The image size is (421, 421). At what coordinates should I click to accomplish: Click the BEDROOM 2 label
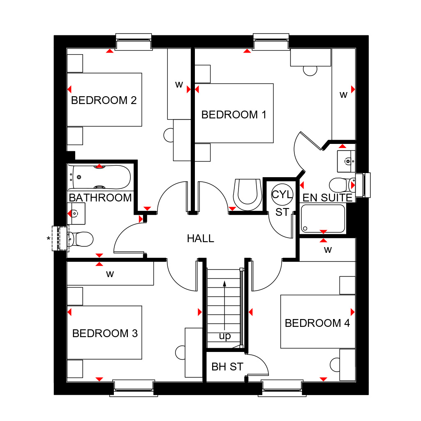point(104,100)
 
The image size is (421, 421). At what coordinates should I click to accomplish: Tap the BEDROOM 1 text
point(234,115)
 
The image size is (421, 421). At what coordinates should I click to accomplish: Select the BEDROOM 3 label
point(105,333)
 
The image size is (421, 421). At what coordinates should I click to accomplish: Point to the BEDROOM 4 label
point(317,323)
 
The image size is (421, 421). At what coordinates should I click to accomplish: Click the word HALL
point(201,238)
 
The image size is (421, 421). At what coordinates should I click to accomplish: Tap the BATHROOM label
point(100,198)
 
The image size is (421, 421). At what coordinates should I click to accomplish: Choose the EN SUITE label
point(327,198)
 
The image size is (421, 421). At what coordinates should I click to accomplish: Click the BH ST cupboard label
point(227,366)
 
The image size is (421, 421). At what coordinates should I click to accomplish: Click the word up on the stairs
point(224,336)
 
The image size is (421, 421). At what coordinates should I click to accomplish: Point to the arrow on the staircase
point(224,304)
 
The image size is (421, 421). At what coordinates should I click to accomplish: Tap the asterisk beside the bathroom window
point(49,239)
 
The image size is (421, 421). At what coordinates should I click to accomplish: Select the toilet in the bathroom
point(81,239)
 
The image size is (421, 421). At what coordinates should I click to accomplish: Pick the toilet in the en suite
point(341,185)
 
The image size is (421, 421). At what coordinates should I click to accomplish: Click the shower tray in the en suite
point(323,219)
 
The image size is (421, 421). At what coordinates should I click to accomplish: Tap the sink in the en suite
point(346,161)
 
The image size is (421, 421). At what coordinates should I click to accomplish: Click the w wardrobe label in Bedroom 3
point(110,274)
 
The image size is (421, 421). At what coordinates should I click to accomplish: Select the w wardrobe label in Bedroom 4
point(327,250)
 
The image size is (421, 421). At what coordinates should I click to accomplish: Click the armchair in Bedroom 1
point(247,192)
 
